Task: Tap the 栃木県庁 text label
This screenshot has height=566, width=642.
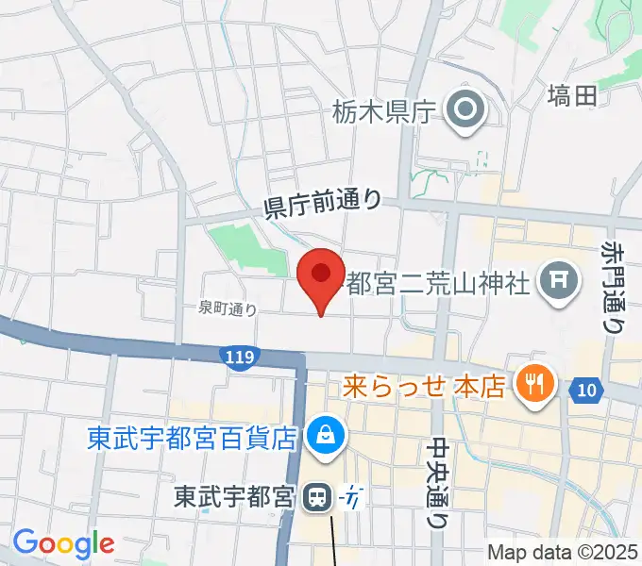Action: coord(382,112)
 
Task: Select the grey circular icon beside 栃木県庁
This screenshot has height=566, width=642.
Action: coord(465,112)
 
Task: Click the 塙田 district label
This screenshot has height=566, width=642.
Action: coord(573,95)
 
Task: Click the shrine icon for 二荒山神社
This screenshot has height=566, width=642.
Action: coord(557,279)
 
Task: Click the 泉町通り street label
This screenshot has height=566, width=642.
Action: coord(227,308)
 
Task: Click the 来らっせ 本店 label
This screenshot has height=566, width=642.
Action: coord(423,385)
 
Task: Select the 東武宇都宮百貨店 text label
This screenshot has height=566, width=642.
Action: coord(194,438)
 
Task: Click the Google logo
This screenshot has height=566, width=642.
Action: coord(63,543)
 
